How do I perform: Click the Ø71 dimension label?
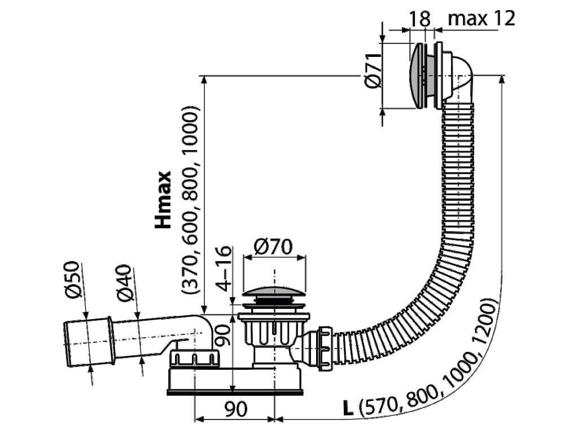click(x=371, y=74)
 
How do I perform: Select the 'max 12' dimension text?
click(x=481, y=19)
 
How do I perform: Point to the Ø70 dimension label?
click(x=273, y=246)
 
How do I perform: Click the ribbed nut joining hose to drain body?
click(x=325, y=347)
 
